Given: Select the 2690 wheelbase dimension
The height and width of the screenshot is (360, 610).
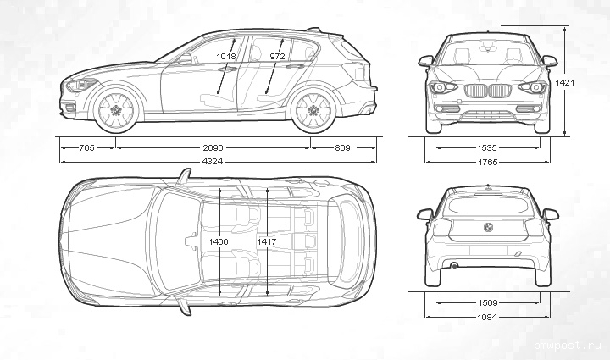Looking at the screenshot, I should [x=213, y=147].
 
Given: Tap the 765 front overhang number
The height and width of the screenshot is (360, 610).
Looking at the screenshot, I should [x=86, y=147].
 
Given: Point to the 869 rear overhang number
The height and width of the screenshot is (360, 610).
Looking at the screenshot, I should [x=342, y=147].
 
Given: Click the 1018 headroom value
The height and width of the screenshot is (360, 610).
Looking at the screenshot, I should [x=227, y=56].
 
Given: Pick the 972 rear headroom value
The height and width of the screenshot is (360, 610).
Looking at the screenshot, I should [x=276, y=56].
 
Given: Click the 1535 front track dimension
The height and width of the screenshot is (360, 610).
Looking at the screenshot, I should [x=486, y=147].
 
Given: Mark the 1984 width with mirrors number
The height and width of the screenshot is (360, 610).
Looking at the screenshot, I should [x=486, y=317].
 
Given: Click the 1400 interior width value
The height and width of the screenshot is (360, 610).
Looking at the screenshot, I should [x=219, y=242].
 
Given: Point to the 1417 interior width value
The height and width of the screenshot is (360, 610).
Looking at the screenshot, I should [x=266, y=242].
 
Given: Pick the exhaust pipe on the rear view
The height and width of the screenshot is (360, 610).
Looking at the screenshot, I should [x=454, y=266].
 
